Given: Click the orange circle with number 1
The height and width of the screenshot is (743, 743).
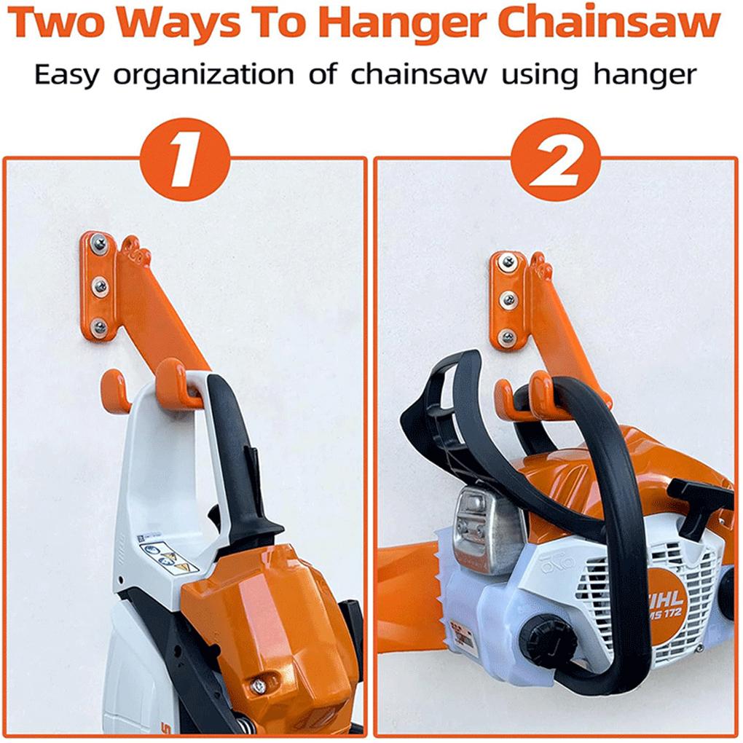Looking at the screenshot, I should (x=185, y=158).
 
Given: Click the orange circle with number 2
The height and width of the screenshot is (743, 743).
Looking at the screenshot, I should (x=556, y=158).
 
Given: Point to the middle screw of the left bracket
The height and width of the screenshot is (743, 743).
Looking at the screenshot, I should (x=100, y=286).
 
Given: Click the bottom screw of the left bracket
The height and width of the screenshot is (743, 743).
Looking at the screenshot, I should (x=99, y=327).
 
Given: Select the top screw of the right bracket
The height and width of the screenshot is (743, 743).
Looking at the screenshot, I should (x=508, y=262).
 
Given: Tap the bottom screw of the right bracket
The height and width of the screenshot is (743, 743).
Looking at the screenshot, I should (x=508, y=336).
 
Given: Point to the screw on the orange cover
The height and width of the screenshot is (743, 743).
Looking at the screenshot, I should (x=257, y=685).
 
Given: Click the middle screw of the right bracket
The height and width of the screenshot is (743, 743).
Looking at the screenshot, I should (x=508, y=299).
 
